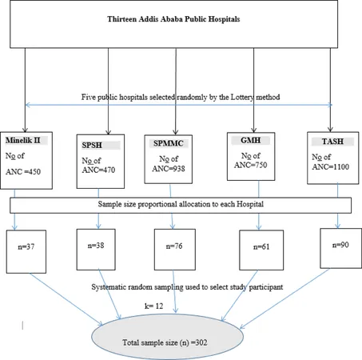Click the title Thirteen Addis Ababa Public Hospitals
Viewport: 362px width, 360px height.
click(x=173, y=19)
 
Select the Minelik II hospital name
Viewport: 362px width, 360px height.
click(x=23, y=140)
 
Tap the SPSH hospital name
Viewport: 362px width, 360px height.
click(x=92, y=145)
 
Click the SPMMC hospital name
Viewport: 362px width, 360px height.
click(x=169, y=143)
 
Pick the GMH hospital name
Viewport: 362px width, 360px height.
click(x=250, y=140)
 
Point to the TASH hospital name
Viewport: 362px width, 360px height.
click(x=332, y=142)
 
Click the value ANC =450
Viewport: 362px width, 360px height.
click(x=23, y=171)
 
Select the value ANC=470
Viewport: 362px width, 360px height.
click(x=98, y=170)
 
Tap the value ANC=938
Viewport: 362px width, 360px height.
click(x=169, y=169)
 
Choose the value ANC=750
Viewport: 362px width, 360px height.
click(x=251, y=165)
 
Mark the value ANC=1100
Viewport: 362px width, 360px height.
click(x=331, y=167)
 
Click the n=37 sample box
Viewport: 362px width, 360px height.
click(x=26, y=251)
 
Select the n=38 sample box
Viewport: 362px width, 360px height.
click(x=96, y=250)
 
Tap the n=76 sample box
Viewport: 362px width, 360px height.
click(x=175, y=250)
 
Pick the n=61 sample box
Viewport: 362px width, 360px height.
click(x=261, y=250)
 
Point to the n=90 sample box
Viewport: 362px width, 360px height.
click(x=341, y=248)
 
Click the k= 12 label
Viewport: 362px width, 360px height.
click(x=153, y=306)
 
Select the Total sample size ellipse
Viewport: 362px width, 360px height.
click(x=167, y=337)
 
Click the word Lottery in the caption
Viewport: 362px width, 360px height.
click(x=242, y=97)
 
